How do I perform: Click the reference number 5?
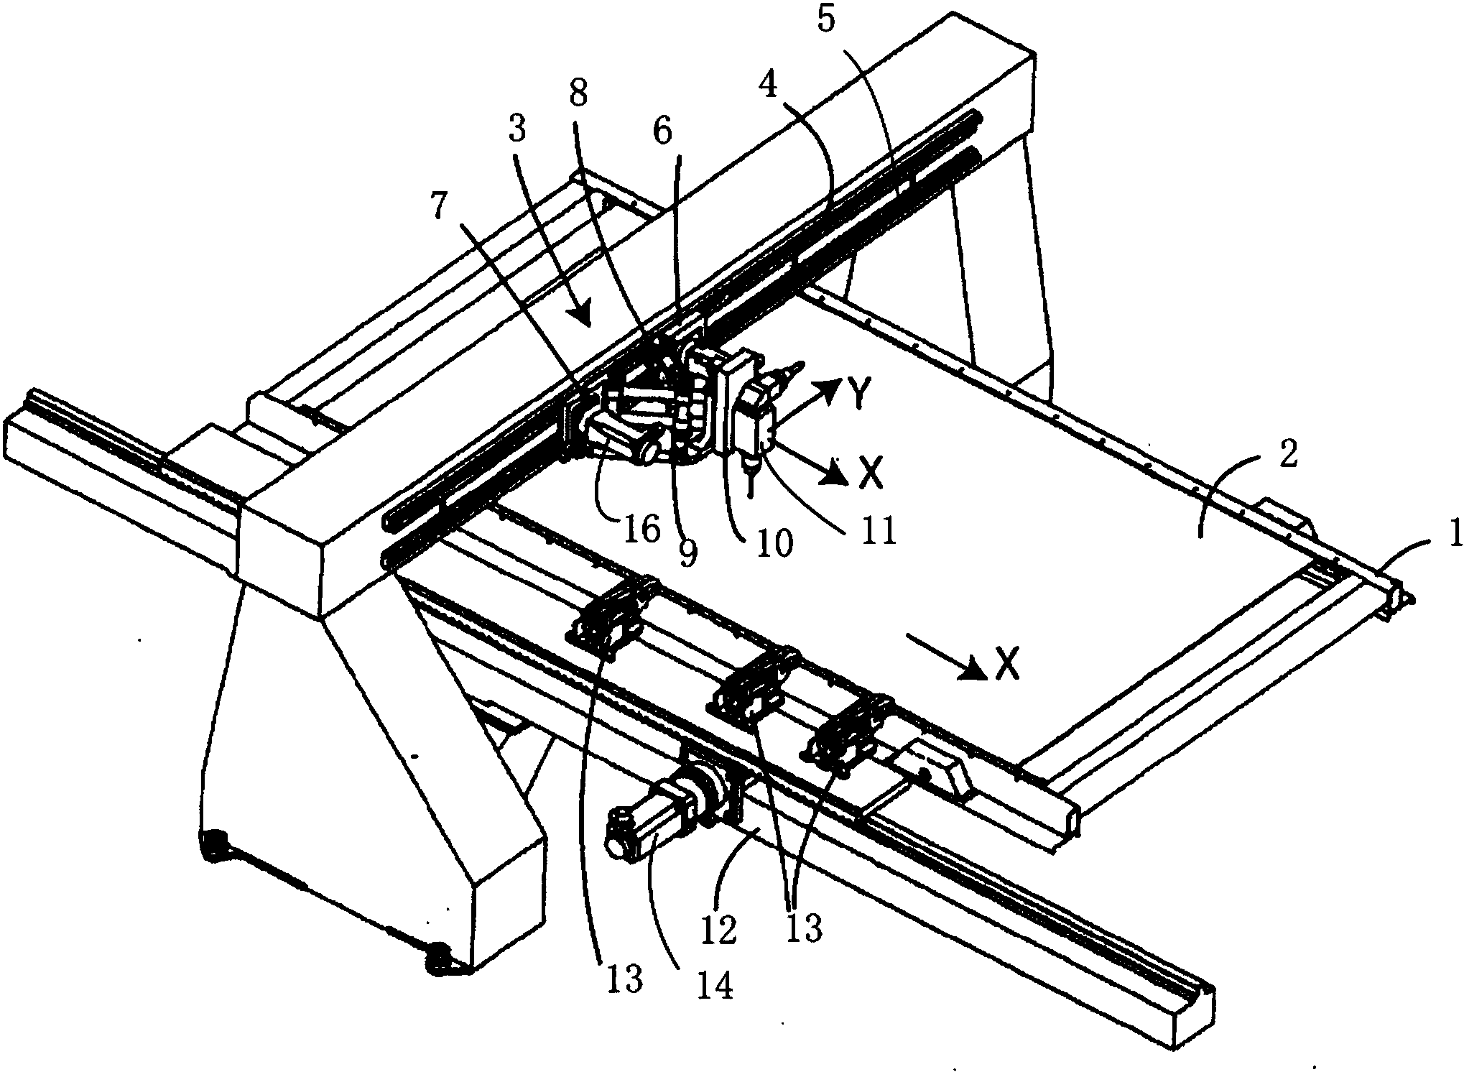[x=827, y=20]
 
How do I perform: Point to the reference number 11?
[x=881, y=532]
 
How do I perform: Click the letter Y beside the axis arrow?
[x=862, y=393]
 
